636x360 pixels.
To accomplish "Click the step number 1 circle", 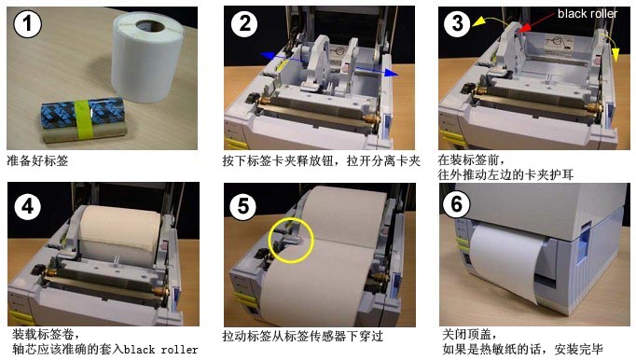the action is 27,24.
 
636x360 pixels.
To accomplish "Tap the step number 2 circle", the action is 244,24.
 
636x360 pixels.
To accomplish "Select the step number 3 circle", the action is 457,24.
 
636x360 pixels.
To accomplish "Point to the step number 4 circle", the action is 27,206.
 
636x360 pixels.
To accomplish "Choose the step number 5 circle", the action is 242,206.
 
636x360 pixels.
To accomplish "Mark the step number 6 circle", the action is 456,203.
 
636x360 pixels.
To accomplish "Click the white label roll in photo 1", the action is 146,57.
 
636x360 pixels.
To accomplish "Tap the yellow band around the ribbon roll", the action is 83,118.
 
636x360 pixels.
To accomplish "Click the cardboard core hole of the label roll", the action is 150,26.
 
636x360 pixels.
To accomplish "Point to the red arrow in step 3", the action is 536,21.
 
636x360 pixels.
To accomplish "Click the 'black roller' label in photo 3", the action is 587,14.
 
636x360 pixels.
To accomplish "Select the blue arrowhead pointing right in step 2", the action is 391,73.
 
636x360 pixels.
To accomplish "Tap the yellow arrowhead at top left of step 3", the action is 478,21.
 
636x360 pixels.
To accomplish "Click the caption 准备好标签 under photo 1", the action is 37,161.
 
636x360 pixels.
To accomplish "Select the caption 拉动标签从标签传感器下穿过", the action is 302,337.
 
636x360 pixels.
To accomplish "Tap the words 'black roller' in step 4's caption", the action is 161,350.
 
